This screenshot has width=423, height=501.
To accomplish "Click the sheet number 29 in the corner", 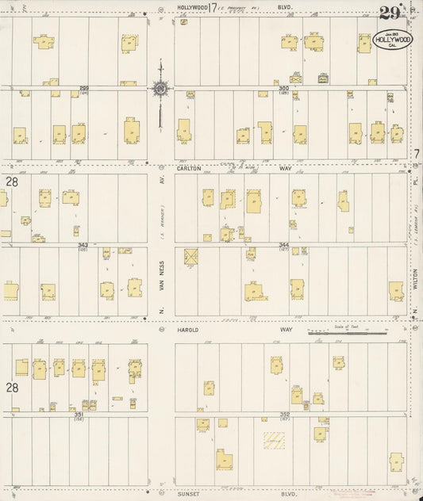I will click(x=388, y=12).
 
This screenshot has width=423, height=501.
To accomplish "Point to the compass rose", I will click(x=160, y=89).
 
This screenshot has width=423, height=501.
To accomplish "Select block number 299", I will click(x=83, y=89).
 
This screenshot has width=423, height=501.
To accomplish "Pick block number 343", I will click(x=83, y=245).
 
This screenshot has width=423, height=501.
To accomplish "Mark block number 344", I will click(x=284, y=245).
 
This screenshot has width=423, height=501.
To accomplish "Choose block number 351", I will click(x=79, y=413).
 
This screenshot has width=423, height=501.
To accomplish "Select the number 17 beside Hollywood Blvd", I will click(x=212, y=9).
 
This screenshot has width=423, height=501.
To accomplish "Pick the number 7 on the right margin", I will click(x=415, y=154).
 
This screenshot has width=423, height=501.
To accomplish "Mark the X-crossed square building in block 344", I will click(x=191, y=256).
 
